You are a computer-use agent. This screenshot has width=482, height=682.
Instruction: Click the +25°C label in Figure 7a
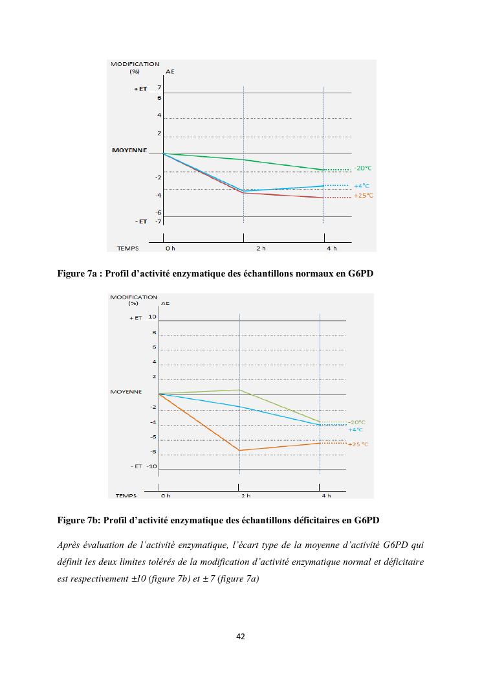coord(364,195)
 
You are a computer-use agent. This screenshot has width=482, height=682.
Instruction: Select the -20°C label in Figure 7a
coord(362,168)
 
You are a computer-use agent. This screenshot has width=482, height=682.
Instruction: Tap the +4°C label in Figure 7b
coord(355,429)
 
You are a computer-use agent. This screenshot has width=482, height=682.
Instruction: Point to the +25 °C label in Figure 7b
coord(358,444)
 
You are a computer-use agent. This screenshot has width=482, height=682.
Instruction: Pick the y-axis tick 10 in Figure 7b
coord(152,317)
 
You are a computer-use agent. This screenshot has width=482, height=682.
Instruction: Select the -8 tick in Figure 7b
coord(153,451)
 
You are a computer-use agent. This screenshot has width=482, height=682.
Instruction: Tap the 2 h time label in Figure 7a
coord(261,248)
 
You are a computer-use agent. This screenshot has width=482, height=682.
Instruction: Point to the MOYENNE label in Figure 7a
coord(129,151)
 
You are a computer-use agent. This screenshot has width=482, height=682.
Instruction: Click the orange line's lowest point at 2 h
coord(239,450)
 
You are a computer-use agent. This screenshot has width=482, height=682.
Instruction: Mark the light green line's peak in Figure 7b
coord(239,390)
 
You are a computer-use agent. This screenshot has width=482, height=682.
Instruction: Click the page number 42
coord(241,637)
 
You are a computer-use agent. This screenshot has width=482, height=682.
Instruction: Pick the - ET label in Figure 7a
coord(140,222)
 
